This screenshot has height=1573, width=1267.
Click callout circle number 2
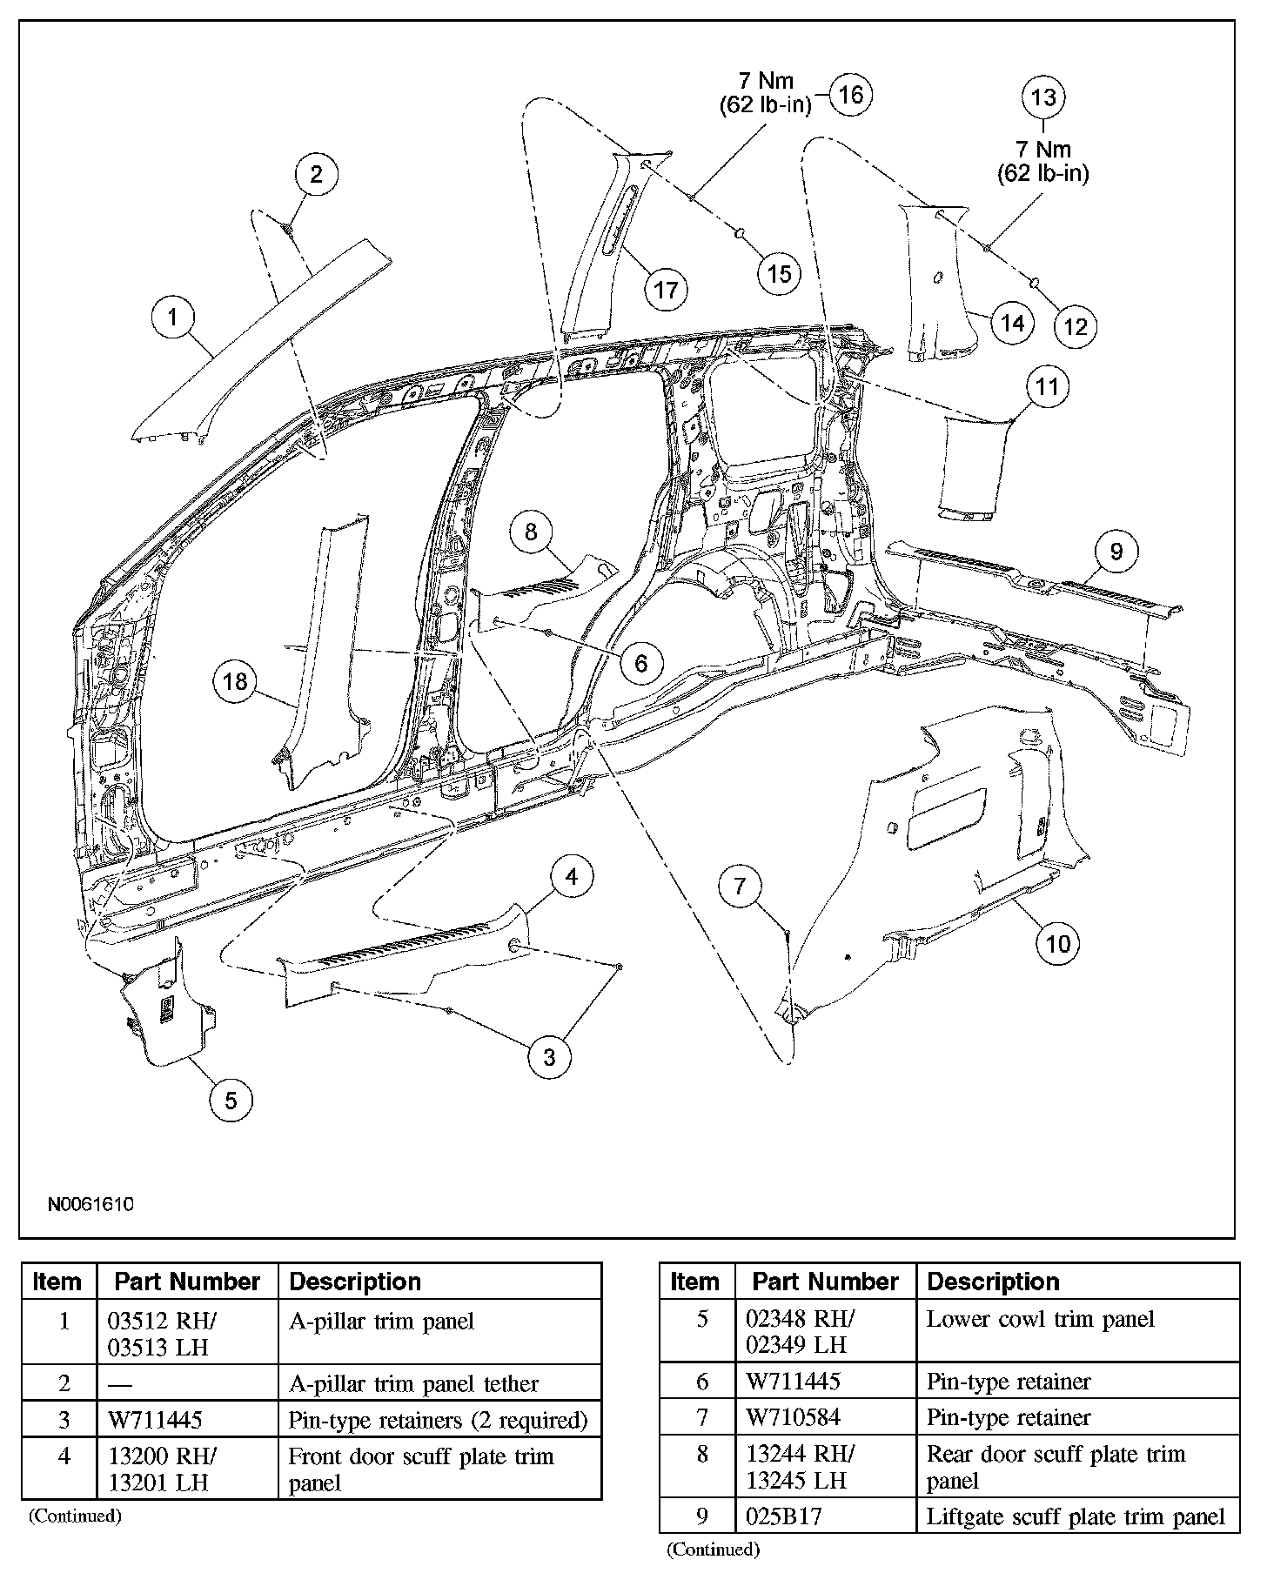click(316, 174)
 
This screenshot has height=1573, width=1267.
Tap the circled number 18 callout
click(236, 681)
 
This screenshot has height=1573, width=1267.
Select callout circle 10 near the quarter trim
click(1058, 943)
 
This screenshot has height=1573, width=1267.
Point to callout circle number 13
click(1042, 97)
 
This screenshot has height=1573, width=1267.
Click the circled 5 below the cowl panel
click(231, 1101)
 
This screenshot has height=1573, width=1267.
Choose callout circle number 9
click(1116, 551)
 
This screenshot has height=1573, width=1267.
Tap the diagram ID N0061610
click(90, 1205)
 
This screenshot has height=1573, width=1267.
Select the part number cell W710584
click(794, 1417)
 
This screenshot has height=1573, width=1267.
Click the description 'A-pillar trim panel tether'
click(413, 1383)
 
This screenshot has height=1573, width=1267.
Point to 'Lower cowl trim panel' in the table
click(1040, 1319)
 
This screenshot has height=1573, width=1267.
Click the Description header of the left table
click(355, 1282)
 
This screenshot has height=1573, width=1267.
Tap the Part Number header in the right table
click(825, 1282)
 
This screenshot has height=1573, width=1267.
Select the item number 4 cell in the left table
click(64, 1456)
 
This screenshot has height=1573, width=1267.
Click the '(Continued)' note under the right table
click(713, 1549)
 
